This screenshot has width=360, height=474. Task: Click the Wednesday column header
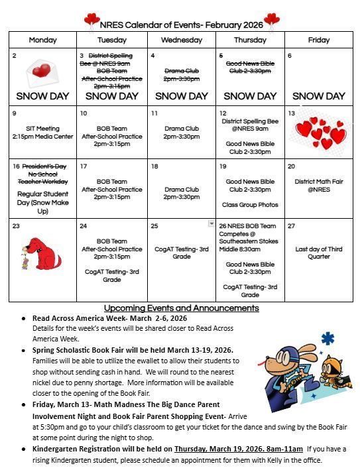click(x=181, y=40)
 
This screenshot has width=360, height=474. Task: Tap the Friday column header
click(x=319, y=40)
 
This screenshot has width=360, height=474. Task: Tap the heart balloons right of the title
click(x=271, y=21)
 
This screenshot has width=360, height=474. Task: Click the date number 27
click(x=291, y=226)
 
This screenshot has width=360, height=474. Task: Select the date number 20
click(x=291, y=166)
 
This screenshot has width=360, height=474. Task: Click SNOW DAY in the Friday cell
click(x=319, y=96)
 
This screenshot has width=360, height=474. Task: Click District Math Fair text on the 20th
click(x=319, y=185)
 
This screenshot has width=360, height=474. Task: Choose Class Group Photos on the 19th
click(x=250, y=205)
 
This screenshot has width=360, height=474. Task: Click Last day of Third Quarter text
click(x=319, y=253)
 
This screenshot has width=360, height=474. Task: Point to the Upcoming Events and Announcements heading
click(x=181, y=308)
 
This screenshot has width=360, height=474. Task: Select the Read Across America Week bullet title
click(x=109, y=318)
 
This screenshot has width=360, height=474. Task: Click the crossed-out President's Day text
click(x=45, y=166)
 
